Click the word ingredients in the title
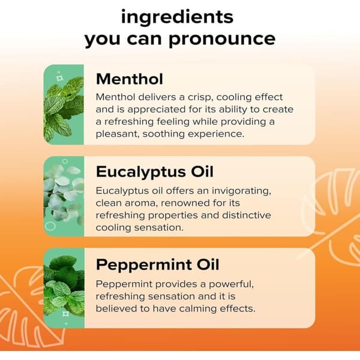point(177,18)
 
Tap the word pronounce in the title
point(222,40)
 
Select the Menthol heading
point(130,79)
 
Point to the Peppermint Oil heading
point(157,265)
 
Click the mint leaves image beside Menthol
point(64,104)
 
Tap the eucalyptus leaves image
point(64,197)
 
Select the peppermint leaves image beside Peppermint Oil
point(64,288)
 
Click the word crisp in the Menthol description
point(199,98)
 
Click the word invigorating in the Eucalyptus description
point(241,191)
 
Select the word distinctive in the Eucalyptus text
point(247,215)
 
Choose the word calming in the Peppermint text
point(198,309)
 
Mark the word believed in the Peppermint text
point(116,308)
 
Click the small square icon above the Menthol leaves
point(59,79)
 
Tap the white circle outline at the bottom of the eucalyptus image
point(50,226)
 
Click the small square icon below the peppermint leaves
point(65,314)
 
